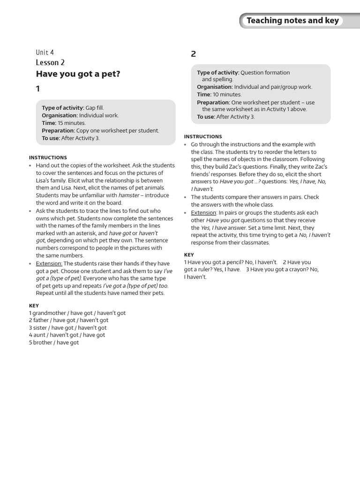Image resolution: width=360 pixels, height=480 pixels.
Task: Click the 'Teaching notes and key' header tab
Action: [293, 21]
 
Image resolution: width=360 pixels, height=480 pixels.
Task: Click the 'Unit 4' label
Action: [45, 52]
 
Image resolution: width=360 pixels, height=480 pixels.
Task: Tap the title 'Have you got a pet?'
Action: [78, 74]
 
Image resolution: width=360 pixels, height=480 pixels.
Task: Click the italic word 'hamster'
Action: [131, 195]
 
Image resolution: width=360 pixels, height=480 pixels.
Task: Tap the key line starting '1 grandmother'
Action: [77, 313]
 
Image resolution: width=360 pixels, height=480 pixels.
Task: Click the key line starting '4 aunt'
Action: [67, 335]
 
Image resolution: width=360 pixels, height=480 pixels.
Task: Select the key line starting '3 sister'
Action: [67, 328]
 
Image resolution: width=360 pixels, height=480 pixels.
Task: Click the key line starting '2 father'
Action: [68, 320]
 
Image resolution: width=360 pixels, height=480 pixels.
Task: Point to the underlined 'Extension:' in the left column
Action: [49, 263]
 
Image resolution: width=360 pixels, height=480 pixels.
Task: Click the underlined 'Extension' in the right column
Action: [203, 213]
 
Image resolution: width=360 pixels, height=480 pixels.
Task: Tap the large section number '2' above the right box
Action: [194, 54]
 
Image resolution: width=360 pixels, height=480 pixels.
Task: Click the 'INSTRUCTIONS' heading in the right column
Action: [203, 136]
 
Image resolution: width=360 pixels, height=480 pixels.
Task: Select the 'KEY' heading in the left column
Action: [34, 305]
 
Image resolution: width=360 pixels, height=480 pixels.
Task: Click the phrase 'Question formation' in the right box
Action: [265, 73]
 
